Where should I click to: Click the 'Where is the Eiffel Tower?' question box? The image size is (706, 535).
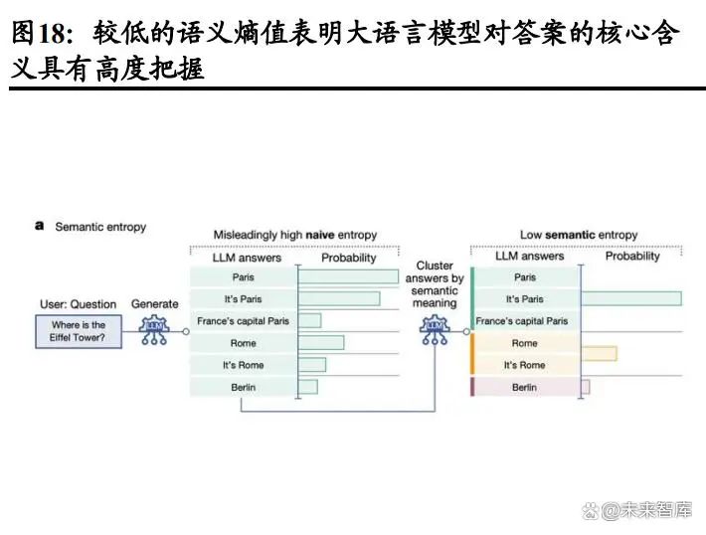pyautogui.click(x=78, y=331)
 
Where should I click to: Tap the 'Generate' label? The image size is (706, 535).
pyautogui.click(x=154, y=304)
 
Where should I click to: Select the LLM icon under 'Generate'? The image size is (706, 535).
pyautogui.click(x=155, y=331)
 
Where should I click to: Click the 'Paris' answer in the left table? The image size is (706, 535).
pyautogui.click(x=244, y=277)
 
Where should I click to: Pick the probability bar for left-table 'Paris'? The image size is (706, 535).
pyautogui.click(x=348, y=277)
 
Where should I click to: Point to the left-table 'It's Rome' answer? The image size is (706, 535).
pyautogui.click(x=244, y=365)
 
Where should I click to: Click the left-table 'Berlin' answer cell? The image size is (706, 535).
pyautogui.click(x=244, y=387)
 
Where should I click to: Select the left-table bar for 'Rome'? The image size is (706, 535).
pyautogui.click(x=321, y=343)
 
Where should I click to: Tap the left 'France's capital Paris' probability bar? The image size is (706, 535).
pyautogui.click(x=310, y=320)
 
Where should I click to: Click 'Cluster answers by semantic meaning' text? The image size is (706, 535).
pyautogui.click(x=435, y=284)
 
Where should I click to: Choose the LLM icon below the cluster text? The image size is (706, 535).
pyautogui.click(x=435, y=331)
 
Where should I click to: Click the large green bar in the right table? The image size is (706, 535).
pyautogui.click(x=630, y=298)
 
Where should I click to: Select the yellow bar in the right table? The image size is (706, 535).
pyautogui.click(x=599, y=353)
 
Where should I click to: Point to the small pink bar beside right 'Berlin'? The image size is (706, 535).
pyautogui.click(x=585, y=387)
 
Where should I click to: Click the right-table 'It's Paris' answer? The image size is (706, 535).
pyautogui.click(x=525, y=299)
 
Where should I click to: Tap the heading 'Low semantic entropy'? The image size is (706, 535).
pyautogui.click(x=579, y=236)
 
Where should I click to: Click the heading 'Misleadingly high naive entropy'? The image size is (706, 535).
pyautogui.click(x=295, y=236)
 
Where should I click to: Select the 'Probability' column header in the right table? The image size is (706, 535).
pyautogui.click(x=632, y=257)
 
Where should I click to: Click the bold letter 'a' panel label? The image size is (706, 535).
pyautogui.click(x=40, y=227)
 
